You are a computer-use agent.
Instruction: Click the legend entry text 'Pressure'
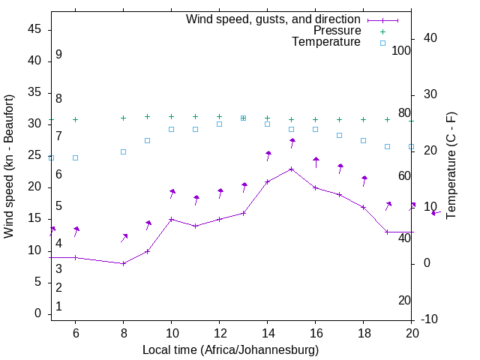[x=337, y=31]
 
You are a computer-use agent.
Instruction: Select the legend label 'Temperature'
[x=326, y=42]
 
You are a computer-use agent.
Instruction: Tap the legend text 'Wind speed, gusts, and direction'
[x=273, y=19]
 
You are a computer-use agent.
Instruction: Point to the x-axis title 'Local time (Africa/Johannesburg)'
[x=230, y=350]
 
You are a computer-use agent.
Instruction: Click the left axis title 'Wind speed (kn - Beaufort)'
[x=9, y=166]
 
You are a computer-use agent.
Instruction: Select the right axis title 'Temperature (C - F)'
[x=451, y=166]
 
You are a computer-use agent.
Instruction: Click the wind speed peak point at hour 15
[x=292, y=169]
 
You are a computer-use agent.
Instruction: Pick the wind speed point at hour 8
[x=124, y=263]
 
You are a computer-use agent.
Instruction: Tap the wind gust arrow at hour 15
[x=292, y=142]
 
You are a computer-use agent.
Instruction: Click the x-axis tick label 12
[x=220, y=332]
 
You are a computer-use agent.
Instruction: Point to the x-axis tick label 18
[x=364, y=332]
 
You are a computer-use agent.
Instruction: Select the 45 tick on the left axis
[x=34, y=28]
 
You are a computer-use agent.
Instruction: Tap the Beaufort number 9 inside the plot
[x=58, y=55]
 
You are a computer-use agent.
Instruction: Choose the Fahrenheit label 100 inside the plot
[x=401, y=50]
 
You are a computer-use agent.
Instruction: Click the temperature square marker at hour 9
[x=148, y=140]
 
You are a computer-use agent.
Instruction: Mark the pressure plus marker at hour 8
[x=124, y=118]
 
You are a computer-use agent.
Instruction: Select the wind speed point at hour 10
[x=172, y=219]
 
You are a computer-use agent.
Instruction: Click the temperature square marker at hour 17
[x=340, y=135]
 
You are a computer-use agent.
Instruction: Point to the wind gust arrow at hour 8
[x=124, y=238]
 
